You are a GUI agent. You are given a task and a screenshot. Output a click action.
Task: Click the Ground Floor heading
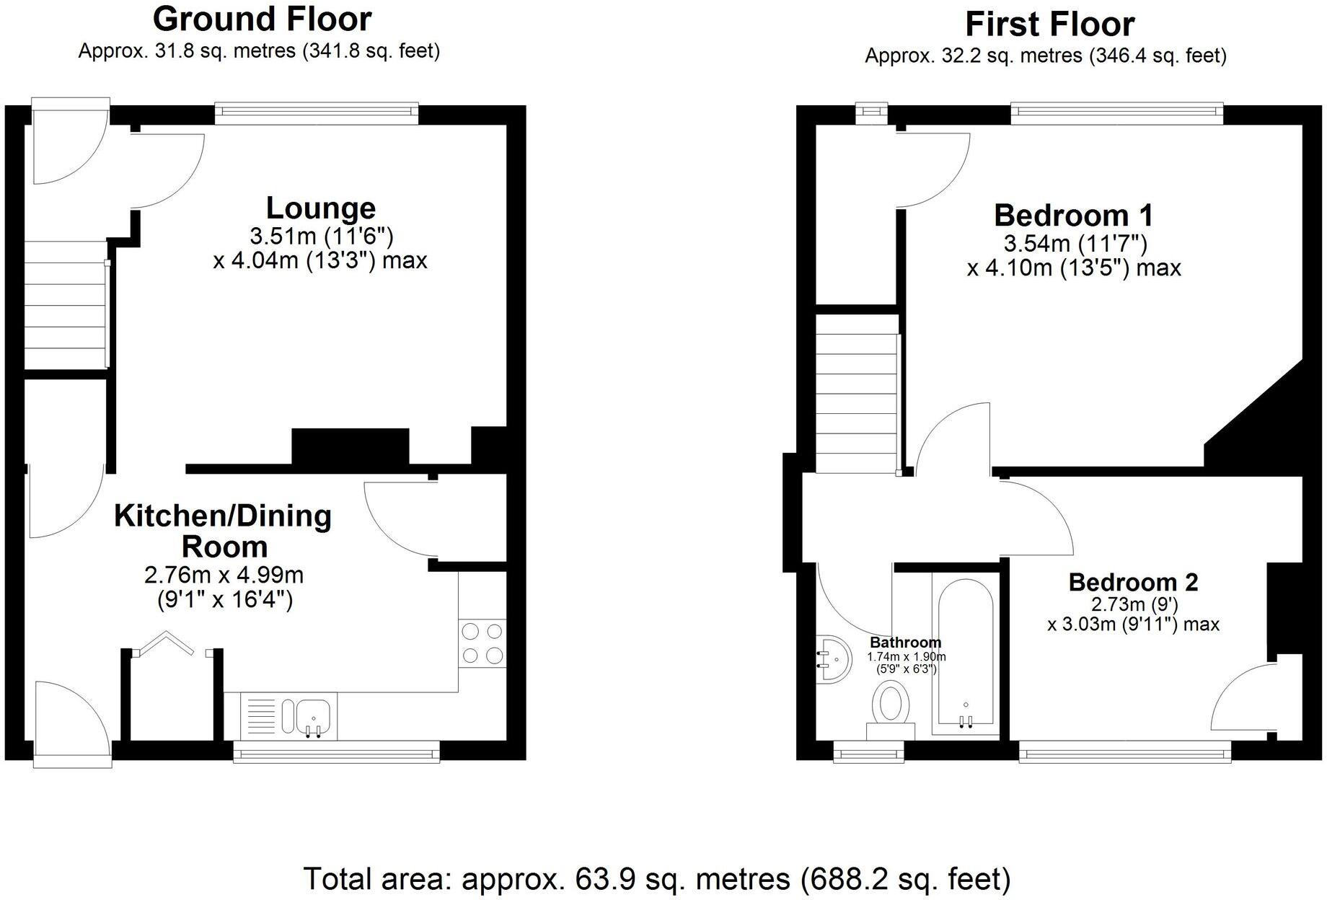coord(262,19)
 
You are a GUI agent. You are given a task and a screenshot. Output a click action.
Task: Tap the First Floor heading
coord(1049,25)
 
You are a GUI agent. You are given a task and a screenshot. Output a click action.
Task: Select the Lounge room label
coord(321,208)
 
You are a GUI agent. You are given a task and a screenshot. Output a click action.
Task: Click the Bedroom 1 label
coord(1073,216)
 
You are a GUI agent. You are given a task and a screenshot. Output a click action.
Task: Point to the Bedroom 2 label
coord(1133,582)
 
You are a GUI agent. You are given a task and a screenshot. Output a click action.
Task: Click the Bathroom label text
coord(905,642)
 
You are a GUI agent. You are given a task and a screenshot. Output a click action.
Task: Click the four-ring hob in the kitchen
coord(482,643)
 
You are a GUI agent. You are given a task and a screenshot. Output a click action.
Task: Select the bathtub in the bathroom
coord(965,655)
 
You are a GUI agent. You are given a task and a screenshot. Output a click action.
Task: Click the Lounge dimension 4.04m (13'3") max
coord(320,260)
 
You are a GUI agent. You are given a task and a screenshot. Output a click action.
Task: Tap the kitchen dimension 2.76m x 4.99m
coord(224,575)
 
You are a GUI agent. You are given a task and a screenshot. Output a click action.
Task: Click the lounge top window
coord(317,111)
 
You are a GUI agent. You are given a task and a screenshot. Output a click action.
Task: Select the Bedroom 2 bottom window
coord(1125,755)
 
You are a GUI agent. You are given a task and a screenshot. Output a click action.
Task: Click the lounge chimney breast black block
coord(351,446)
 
